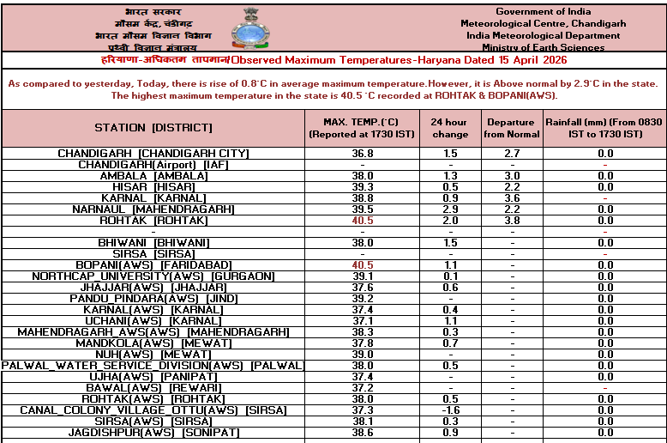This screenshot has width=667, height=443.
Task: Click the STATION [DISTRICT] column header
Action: [153, 128]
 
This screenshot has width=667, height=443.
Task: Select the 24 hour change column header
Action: [449, 128]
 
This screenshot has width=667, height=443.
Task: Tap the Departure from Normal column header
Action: [512, 128]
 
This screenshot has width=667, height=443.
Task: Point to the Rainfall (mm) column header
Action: [604, 128]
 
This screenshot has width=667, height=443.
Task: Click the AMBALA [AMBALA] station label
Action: [153, 176]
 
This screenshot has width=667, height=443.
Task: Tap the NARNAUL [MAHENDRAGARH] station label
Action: [153, 209]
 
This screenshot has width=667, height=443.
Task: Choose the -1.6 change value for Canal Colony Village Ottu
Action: [450, 410]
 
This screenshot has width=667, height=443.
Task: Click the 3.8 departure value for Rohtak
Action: [512, 221]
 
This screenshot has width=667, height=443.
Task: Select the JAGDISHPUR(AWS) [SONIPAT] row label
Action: [153, 433]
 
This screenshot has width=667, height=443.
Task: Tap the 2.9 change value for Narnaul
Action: [450, 209]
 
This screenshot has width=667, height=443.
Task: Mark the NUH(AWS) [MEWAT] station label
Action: [153, 355]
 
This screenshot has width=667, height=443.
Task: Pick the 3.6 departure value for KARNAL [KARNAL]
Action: [512, 198]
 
